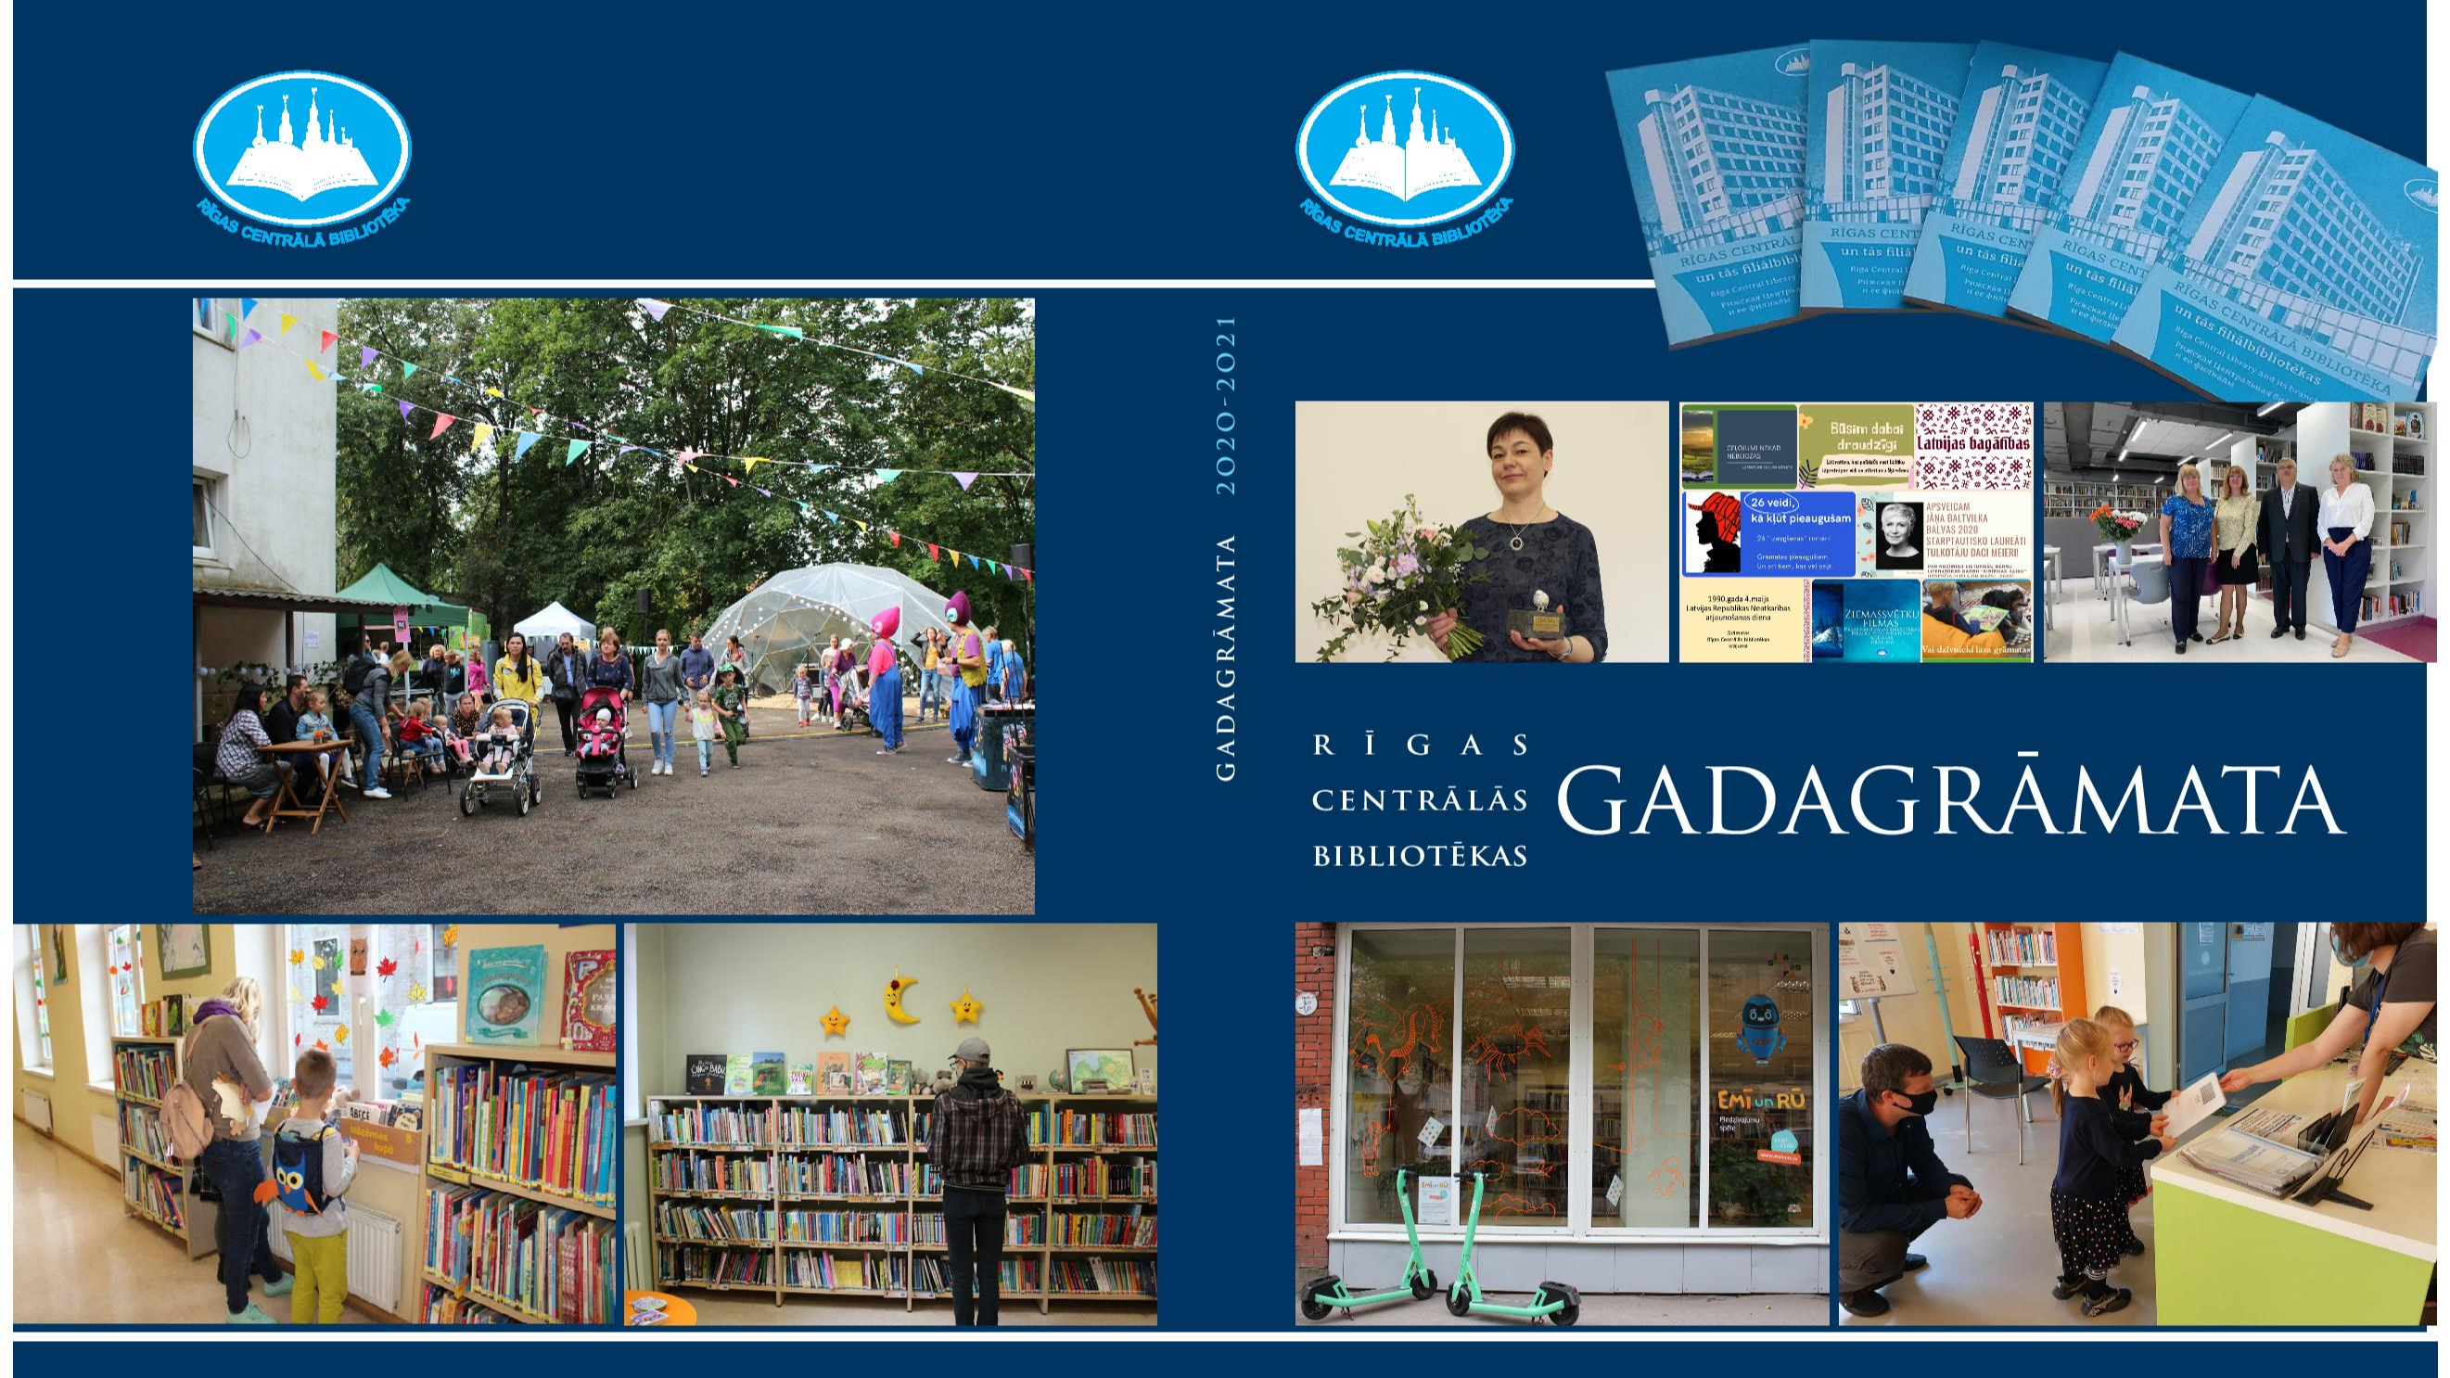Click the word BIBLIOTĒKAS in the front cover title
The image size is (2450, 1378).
(1420, 856)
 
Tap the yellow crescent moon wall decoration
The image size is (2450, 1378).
(900, 997)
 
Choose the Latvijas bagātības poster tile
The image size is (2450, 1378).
(1972, 445)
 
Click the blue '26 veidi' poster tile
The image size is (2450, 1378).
(1797, 532)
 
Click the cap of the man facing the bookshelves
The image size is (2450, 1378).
(973, 1050)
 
